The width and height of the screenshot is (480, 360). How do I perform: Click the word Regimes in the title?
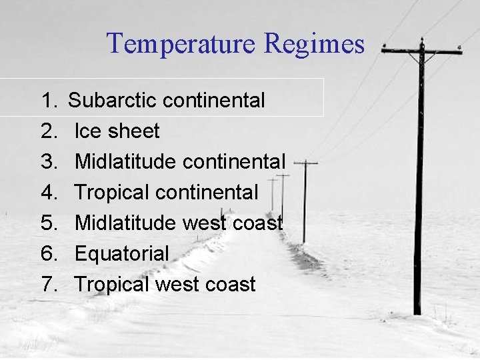click(x=314, y=44)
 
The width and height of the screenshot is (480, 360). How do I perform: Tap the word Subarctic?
click(x=112, y=101)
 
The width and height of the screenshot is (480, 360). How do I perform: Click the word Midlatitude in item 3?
click(x=125, y=162)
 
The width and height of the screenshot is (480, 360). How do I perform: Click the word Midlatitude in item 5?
click(x=125, y=223)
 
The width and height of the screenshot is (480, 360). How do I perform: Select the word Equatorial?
click(x=121, y=254)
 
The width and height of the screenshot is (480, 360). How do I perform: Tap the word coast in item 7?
click(x=229, y=285)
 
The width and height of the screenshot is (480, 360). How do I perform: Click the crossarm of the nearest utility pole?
click(x=421, y=51)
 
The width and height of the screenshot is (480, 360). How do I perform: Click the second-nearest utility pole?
click(x=305, y=200)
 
